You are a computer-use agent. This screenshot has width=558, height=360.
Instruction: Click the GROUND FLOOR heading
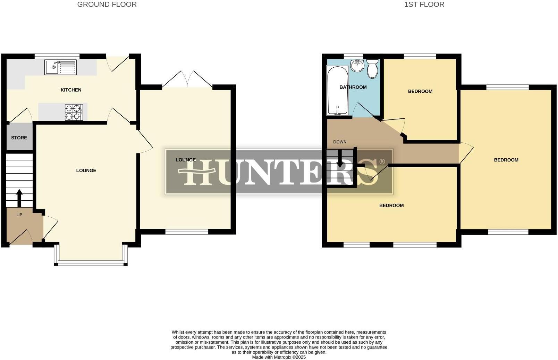pyautogui.click(x=107, y=5)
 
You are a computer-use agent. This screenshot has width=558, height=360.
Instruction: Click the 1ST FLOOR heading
pyautogui.click(x=424, y=5)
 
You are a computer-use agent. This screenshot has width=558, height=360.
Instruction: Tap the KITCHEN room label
pyautogui.click(x=71, y=90)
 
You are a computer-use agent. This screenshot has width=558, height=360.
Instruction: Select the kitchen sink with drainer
pyautogui.click(x=60, y=67)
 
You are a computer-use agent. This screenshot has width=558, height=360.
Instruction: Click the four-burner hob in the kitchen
pyautogui.click(x=74, y=112)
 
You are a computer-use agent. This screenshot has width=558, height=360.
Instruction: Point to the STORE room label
pyautogui.click(x=19, y=138)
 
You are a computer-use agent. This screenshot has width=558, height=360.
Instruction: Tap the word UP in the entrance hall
pyautogui.click(x=19, y=215)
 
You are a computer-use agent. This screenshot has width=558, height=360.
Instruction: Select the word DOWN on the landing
pyautogui.click(x=340, y=142)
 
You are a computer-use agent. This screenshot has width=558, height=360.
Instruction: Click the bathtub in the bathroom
pyautogui.click(x=337, y=90)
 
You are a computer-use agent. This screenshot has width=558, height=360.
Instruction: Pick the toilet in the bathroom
pyautogui.click(x=372, y=68)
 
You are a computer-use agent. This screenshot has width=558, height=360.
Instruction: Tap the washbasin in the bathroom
pyautogui.click(x=357, y=65)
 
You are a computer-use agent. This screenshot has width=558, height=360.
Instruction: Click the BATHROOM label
pyautogui.click(x=353, y=87)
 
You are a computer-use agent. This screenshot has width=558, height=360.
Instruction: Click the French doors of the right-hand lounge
pyautogui.click(x=187, y=79)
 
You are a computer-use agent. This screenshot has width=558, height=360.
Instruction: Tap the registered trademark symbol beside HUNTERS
pyautogui.click(x=382, y=162)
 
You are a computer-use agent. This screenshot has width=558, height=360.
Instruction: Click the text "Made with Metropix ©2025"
pyautogui.click(x=279, y=357)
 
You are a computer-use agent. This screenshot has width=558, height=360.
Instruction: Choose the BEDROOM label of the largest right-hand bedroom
pyautogui.click(x=506, y=160)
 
